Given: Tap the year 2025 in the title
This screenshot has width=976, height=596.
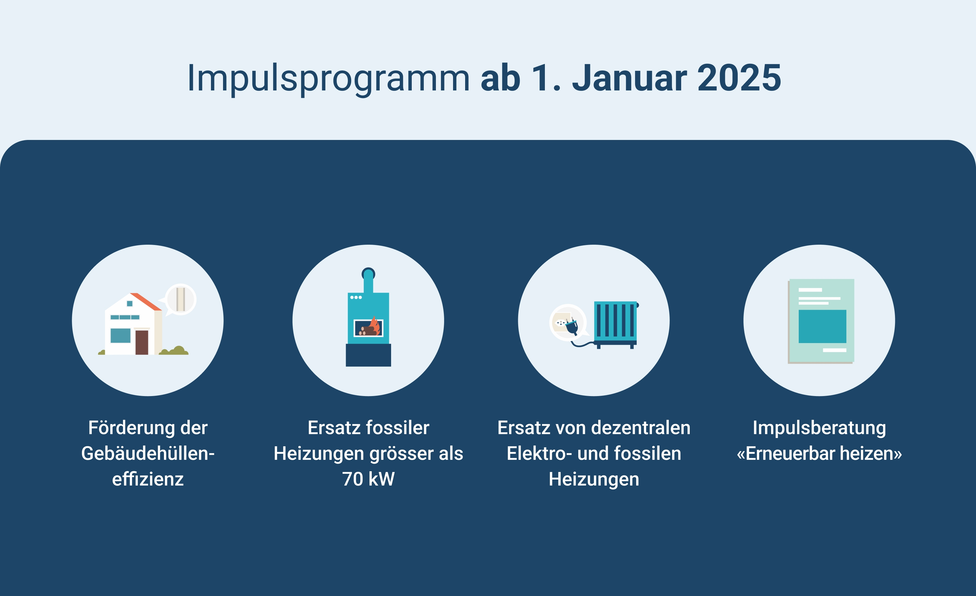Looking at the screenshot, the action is [x=739, y=78].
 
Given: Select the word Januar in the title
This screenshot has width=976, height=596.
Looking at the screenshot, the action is [x=629, y=78].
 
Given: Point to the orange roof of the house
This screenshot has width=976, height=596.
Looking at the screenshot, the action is [x=146, y=301].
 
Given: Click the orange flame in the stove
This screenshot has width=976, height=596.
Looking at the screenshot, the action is [x=374, y=326].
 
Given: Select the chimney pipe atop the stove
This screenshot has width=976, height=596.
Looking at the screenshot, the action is [x=368, y=281].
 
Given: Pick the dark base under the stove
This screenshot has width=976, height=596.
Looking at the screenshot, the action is [x=368, y=355].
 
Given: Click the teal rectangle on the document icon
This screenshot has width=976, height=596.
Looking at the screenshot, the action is [x=822, y=326].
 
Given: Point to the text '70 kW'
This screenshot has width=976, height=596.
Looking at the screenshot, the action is [x=368, y=479].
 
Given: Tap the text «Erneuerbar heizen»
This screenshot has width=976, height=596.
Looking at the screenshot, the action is [x=819, y=454].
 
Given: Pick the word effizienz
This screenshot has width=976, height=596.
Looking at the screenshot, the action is [x=148, y=479].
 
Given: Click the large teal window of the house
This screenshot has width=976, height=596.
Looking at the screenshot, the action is [x=120, y=335].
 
